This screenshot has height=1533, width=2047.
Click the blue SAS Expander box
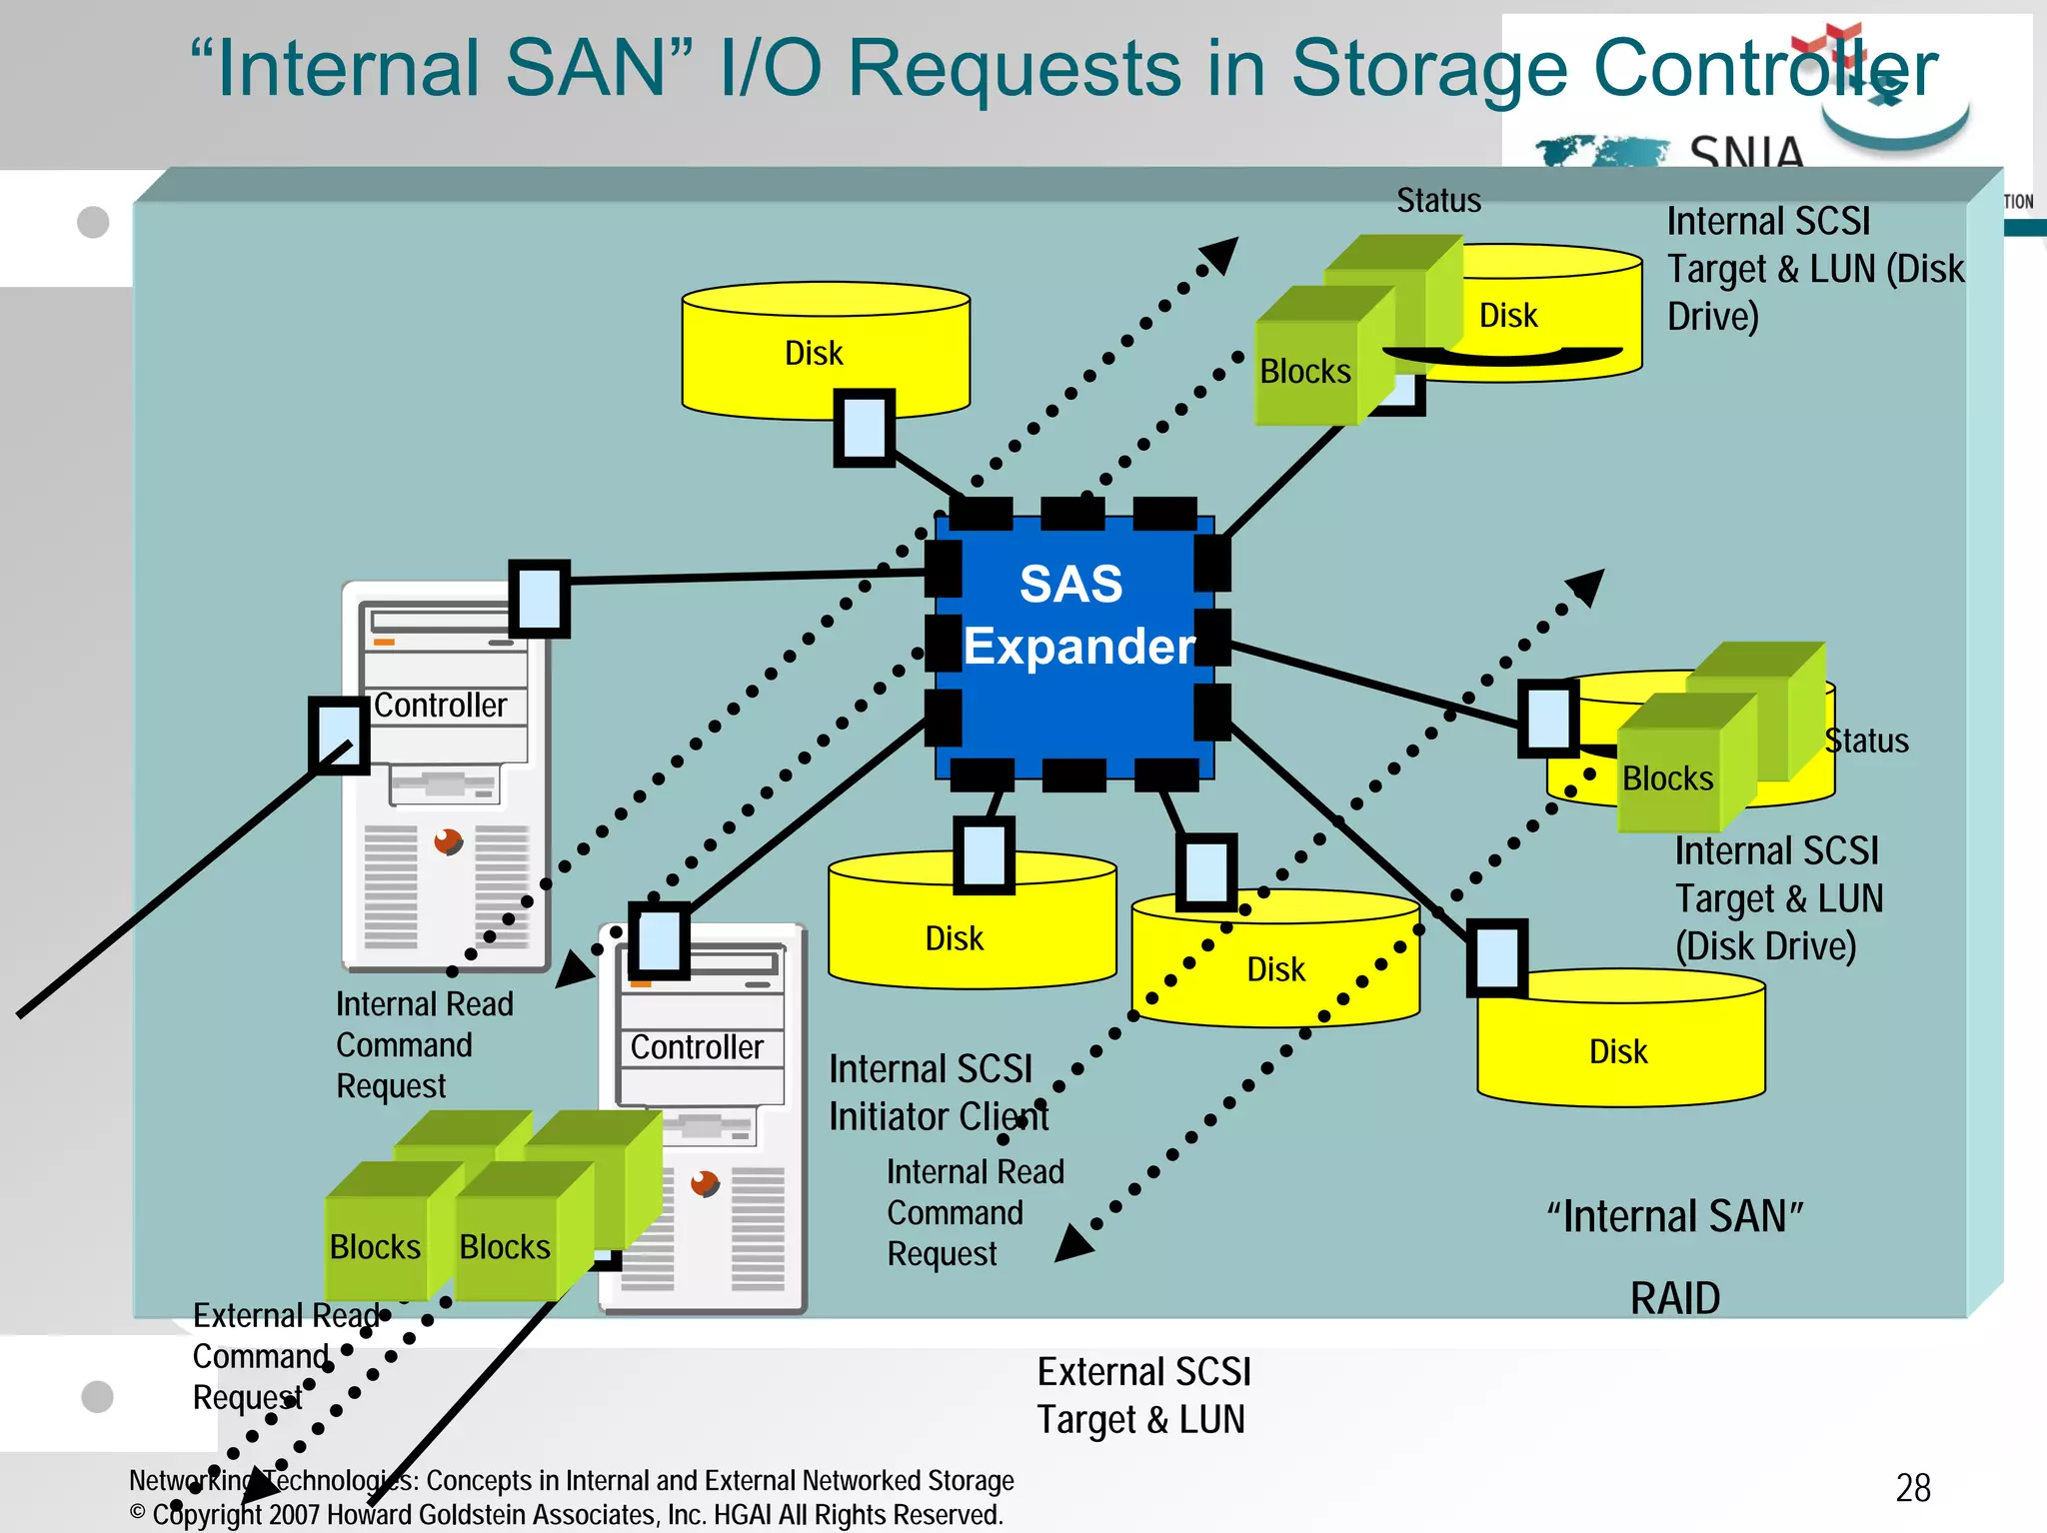1074,645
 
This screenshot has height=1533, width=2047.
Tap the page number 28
1912,1488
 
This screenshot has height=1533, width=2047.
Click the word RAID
1674,1298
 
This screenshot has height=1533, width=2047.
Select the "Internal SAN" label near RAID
1674,1217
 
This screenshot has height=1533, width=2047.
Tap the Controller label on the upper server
441,706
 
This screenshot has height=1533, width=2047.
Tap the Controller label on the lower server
697,1047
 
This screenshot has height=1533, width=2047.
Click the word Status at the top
1438,201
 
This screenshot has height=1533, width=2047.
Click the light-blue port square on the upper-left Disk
864,427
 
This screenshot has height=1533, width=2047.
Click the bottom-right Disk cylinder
1619,1049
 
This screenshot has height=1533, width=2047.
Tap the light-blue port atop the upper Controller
539,598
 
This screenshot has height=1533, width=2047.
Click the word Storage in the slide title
1429,68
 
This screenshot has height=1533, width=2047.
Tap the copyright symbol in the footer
138,1512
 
